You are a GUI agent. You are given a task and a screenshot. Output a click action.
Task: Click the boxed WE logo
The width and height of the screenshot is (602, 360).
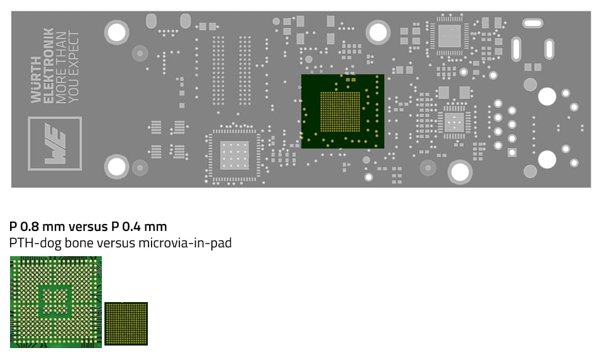click(x=55, y=143)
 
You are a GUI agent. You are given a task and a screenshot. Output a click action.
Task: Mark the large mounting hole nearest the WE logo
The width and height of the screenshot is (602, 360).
click(x=116, y=166)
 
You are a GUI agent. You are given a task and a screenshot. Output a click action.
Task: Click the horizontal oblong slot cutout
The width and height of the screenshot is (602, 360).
click(x=533, y=23)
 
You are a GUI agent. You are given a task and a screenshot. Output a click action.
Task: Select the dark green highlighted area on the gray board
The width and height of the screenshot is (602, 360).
click(x=342, y=111)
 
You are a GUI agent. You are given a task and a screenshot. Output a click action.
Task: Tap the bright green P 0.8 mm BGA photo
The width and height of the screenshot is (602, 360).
click(x=55, y=301)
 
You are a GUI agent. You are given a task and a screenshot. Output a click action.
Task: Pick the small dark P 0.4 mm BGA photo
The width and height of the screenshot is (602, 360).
click(x=126, y=323)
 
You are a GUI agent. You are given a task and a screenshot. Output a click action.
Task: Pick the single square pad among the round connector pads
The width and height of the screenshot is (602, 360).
click(x=513, y=152)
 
